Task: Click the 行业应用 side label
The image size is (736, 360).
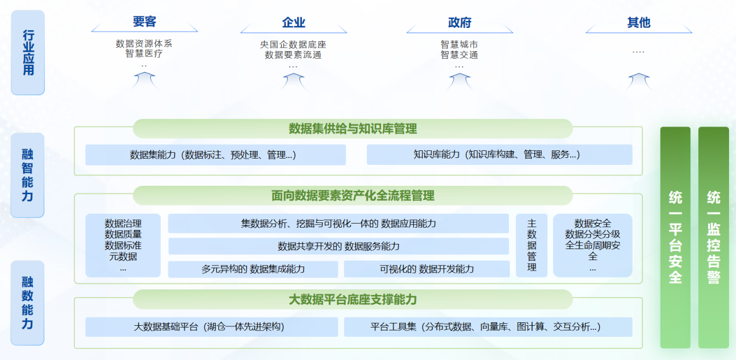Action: [x=28, y=52]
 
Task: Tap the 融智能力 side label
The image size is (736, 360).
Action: [x=28, y=175]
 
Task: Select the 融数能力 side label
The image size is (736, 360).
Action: [x=28, y=303]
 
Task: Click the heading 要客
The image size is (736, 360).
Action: [x=145, y=22]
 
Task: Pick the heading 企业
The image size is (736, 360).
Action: [x=293, y=23]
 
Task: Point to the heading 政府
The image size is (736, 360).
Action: [x=459, y=23]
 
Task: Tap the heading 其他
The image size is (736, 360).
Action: [x=638, y=23]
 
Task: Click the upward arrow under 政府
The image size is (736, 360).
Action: [x=459, y=81]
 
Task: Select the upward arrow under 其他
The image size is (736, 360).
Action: [x=638, y=81]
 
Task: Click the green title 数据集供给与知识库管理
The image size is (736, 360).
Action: [x=352, y=128]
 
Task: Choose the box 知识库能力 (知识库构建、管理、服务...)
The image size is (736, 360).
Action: [x=499, y=154]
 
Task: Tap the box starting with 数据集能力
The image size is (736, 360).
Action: [x=215, y=155]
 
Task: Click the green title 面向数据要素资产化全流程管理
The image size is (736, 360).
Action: [x=352, y=196]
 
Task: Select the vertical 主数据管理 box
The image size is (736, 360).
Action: [x=532, y=245]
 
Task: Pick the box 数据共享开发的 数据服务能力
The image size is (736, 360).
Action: [x=338, y=246]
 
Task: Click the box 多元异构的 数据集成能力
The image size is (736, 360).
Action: [x=253, y=269]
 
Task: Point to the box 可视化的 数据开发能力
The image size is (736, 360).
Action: [x=427, y=269]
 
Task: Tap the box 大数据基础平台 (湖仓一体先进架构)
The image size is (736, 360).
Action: [x=211, y=327]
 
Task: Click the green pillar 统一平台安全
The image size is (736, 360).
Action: [x=675, y=237]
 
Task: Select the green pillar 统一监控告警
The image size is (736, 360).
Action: [x=713, y=237]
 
